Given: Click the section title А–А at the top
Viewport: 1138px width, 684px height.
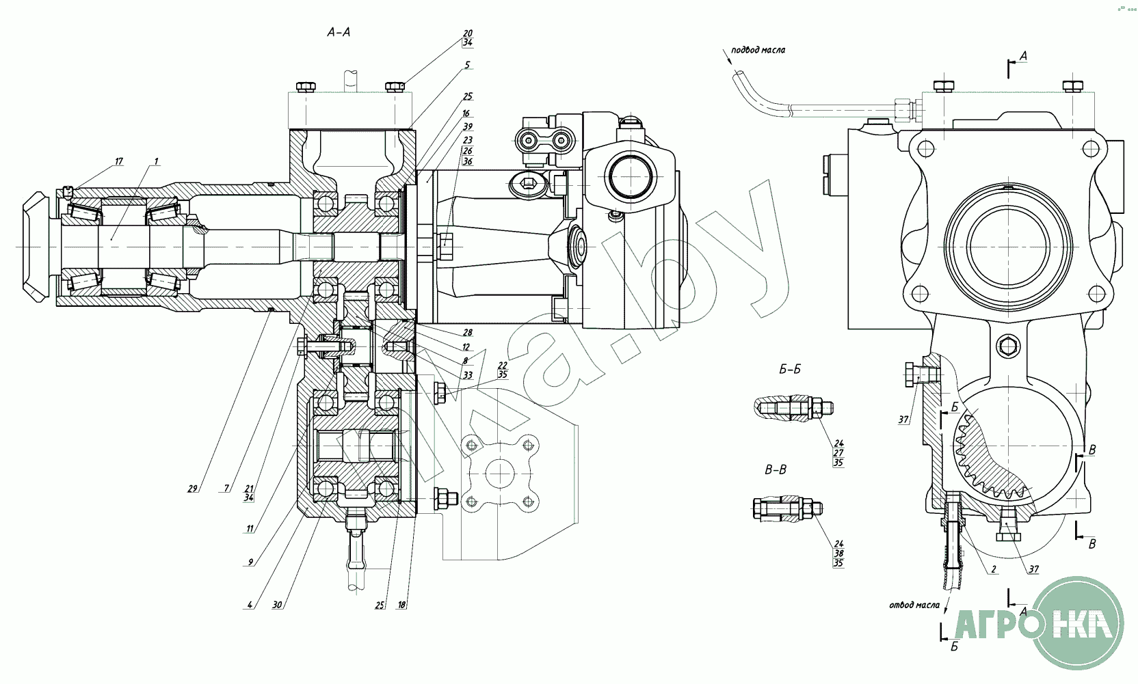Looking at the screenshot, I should click(339, 31).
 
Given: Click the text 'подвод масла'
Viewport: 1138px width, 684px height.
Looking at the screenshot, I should click(758, 50).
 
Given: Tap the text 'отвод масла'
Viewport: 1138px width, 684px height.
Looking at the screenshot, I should click(914, 604).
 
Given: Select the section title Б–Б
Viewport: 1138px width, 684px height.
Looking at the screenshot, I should click(790, 370).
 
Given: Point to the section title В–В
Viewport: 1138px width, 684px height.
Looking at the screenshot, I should click(776, 470).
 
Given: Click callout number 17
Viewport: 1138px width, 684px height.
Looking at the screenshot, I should click(118, 161).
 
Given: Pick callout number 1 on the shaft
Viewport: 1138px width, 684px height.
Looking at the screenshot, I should click(156, 161).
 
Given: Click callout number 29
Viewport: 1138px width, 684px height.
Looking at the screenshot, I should click(193, 488).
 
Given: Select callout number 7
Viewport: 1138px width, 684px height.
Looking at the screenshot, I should click(226, 488).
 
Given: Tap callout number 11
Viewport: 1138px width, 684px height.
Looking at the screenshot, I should click(250, 528).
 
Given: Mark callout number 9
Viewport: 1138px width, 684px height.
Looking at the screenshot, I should click(250, 562).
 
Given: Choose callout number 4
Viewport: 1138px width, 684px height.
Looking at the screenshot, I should click(250, 605).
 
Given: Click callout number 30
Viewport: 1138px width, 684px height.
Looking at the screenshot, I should click(277, 605).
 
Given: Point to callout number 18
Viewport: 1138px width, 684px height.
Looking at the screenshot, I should click(401, 605).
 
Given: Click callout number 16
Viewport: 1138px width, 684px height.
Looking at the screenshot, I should click(466, 113).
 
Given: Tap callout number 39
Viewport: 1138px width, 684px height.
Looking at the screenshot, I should click(468, 126).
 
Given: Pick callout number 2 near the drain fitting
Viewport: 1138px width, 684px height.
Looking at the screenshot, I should click(993, 569).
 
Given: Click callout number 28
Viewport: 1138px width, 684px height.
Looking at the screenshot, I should click(468, 333).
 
